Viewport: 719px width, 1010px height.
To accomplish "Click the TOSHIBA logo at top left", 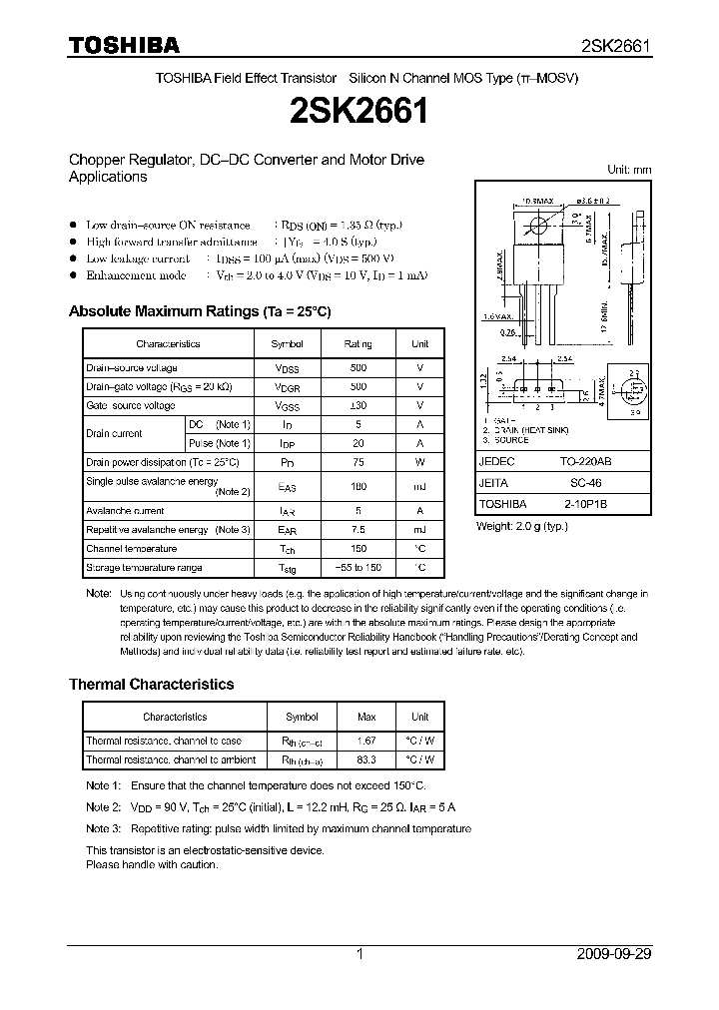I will point(124,45).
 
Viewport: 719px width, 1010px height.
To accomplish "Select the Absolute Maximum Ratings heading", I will point(199,311).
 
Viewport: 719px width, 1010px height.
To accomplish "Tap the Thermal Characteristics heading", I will point(151,685).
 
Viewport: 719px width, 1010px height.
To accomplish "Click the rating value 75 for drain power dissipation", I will point(358,462).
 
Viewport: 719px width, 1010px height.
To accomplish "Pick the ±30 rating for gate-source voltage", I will point(358,405).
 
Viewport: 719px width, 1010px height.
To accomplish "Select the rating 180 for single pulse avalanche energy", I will point(358,486).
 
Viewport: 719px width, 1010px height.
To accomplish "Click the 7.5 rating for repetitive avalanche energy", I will point(358,529).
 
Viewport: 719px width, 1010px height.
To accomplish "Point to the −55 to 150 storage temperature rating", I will point(358,567).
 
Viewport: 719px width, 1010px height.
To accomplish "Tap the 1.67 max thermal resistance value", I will point(366,741).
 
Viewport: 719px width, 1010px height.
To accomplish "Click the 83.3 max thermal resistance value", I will point(366,759).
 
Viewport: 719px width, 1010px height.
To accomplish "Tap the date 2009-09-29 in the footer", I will point(614,954).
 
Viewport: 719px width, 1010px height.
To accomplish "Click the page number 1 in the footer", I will point(359,954).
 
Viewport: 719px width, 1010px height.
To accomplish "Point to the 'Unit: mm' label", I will point(629,170).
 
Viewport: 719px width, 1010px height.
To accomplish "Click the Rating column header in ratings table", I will point(358,343).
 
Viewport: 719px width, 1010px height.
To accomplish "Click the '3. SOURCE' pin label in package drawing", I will point(507,439).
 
